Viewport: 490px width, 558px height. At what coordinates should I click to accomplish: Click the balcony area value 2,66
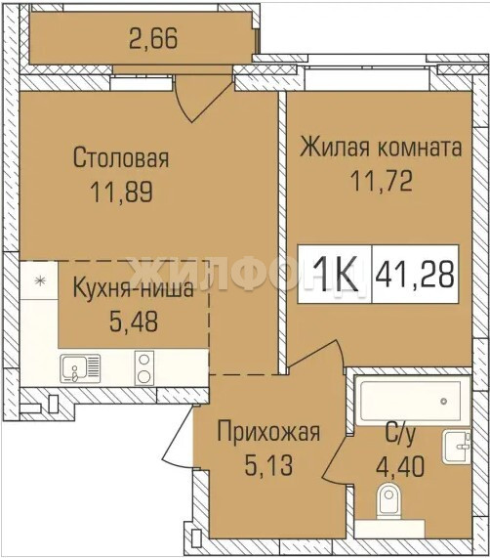tap(153, 38)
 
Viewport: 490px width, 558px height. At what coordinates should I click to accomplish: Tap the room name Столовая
tap(121, 158)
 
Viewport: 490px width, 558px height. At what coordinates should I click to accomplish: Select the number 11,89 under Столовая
tap(122, 193)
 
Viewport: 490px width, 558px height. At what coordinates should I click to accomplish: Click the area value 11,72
tap(382, 181)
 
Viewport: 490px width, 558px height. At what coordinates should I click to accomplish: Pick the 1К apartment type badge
tap(336, 275)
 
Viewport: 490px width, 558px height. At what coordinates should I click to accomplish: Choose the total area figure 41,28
tap(415, 275)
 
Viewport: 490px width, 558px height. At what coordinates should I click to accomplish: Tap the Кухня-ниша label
tap(134, 288)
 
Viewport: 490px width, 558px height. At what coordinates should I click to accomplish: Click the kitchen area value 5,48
tap(134, 322)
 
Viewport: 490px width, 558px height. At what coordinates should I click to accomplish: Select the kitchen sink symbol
tap(80, 368)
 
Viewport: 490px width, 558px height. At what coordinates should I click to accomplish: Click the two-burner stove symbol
tap(144, 368)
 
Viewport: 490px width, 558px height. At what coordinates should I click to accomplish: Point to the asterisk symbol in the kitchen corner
tap(40, 281)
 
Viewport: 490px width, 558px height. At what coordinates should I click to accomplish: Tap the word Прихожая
tap(268, 432)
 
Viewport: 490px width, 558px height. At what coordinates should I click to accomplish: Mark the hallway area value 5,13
tap(269, 465)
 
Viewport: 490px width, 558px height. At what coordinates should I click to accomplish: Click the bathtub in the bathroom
tap(412, 401)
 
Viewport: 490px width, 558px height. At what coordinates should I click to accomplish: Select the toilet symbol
tap(388, 500)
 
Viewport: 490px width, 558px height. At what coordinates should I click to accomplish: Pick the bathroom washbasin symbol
tap(457, 447)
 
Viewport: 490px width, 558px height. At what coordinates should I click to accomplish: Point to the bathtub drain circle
tap(443, 401)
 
